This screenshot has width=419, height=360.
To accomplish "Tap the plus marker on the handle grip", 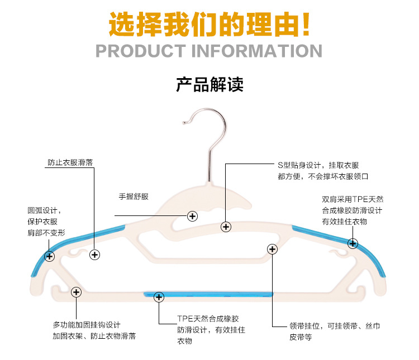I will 193,215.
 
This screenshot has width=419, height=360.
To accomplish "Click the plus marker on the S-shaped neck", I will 226,227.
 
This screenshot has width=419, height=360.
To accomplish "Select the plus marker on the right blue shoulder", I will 353,243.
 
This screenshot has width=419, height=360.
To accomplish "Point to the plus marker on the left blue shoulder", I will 50,256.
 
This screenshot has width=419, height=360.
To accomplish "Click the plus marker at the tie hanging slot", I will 272,249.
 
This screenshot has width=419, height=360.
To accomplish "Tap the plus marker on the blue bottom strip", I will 159,297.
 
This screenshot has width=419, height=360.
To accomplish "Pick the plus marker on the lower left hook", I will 76,292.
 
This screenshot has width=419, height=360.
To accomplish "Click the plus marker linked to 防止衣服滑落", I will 94,255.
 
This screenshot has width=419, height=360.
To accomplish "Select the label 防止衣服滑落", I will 70,164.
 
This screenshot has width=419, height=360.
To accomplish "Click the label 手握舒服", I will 134,196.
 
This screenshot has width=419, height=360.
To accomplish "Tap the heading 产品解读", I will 209,85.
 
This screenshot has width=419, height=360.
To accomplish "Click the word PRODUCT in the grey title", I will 140,51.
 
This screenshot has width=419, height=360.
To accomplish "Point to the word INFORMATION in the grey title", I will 257,51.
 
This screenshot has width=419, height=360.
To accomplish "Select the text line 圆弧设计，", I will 44,210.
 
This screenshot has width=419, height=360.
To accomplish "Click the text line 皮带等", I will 301,337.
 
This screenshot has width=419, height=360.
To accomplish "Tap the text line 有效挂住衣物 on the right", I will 345,222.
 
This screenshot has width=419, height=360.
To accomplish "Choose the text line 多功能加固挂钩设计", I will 87,325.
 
